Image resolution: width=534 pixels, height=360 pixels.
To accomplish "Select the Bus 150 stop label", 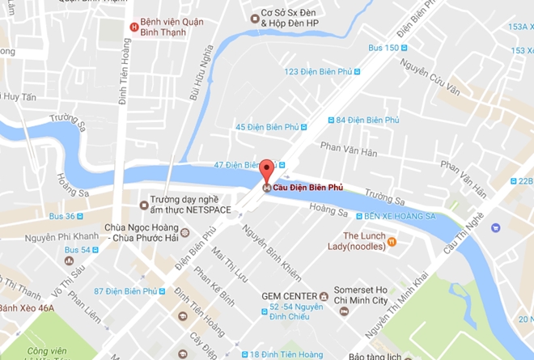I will (x=384, y=48).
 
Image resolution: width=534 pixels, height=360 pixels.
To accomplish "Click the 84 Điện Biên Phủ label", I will (x=368, y=121).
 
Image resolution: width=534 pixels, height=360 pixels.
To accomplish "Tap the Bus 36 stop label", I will (x=61, y=216).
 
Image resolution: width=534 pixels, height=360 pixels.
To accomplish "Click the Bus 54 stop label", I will (x=78, y=251).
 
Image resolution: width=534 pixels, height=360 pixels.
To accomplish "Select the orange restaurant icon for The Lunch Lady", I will (x=392, y=240).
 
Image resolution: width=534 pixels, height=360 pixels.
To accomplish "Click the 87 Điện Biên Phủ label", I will (x=123, y=291).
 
